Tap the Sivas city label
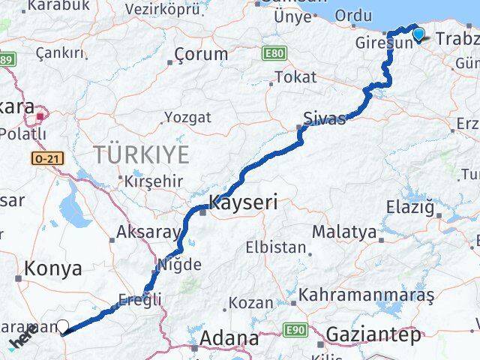(x=325, y=118)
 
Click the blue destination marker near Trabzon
(x=418, y=33)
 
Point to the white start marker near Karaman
(x=63, y=326)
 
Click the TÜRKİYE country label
(x=140, y=155)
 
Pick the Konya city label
(x=52, y=268)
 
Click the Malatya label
(x=343, y=231)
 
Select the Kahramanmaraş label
(x=366, y=295)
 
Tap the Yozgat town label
(x=187, y=117)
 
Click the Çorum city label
(x=201, y=54)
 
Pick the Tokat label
(x=295, y=76)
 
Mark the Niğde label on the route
(x=179, y=264)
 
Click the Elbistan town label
(x=276, y=247)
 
